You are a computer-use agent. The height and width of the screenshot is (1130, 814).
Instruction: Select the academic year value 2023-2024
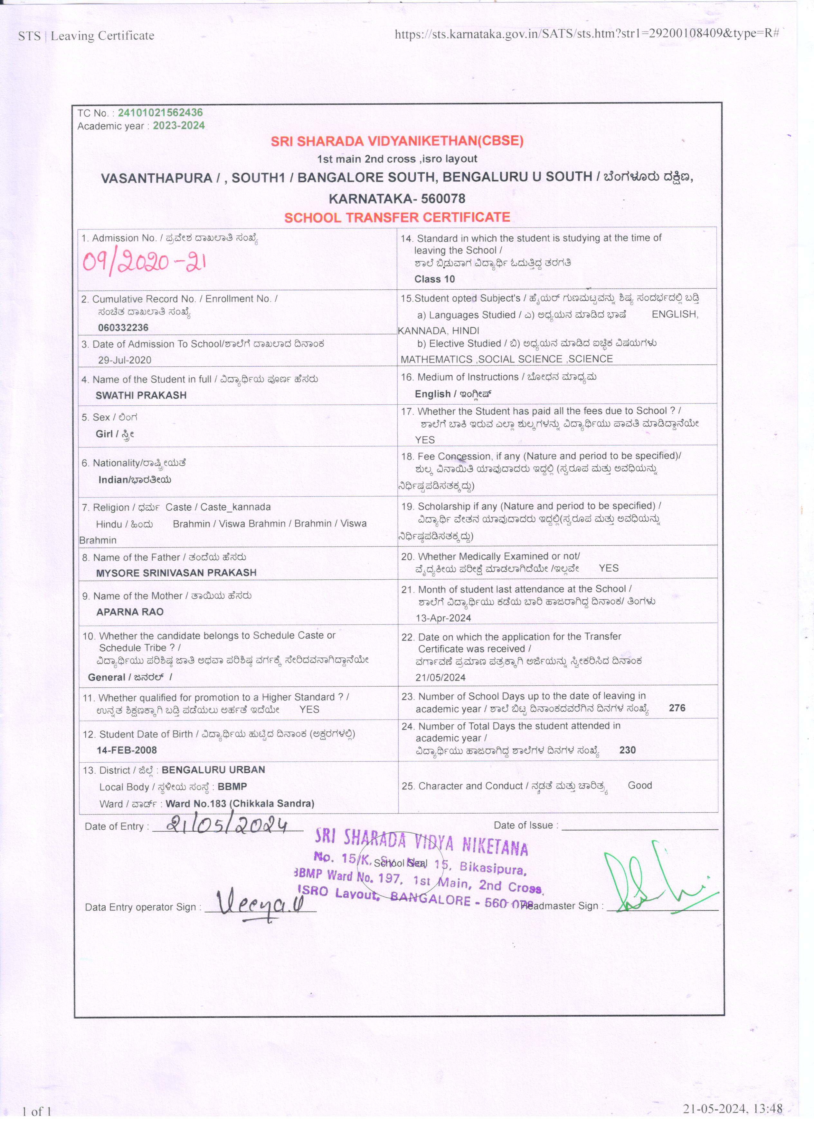179,126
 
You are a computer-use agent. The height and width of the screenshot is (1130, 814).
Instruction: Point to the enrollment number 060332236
123,327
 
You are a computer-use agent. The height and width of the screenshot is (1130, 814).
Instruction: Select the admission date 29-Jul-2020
125,360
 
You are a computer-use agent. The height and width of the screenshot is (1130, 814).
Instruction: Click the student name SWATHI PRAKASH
141,395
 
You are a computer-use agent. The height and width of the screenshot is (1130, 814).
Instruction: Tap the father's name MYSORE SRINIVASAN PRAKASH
176,573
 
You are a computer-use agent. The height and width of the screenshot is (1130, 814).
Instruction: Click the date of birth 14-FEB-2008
127,750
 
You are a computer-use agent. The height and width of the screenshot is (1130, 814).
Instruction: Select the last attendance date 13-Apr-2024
443,618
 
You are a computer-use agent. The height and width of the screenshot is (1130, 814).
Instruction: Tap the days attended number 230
627,750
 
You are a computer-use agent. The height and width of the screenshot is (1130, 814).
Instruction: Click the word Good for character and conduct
640,785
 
